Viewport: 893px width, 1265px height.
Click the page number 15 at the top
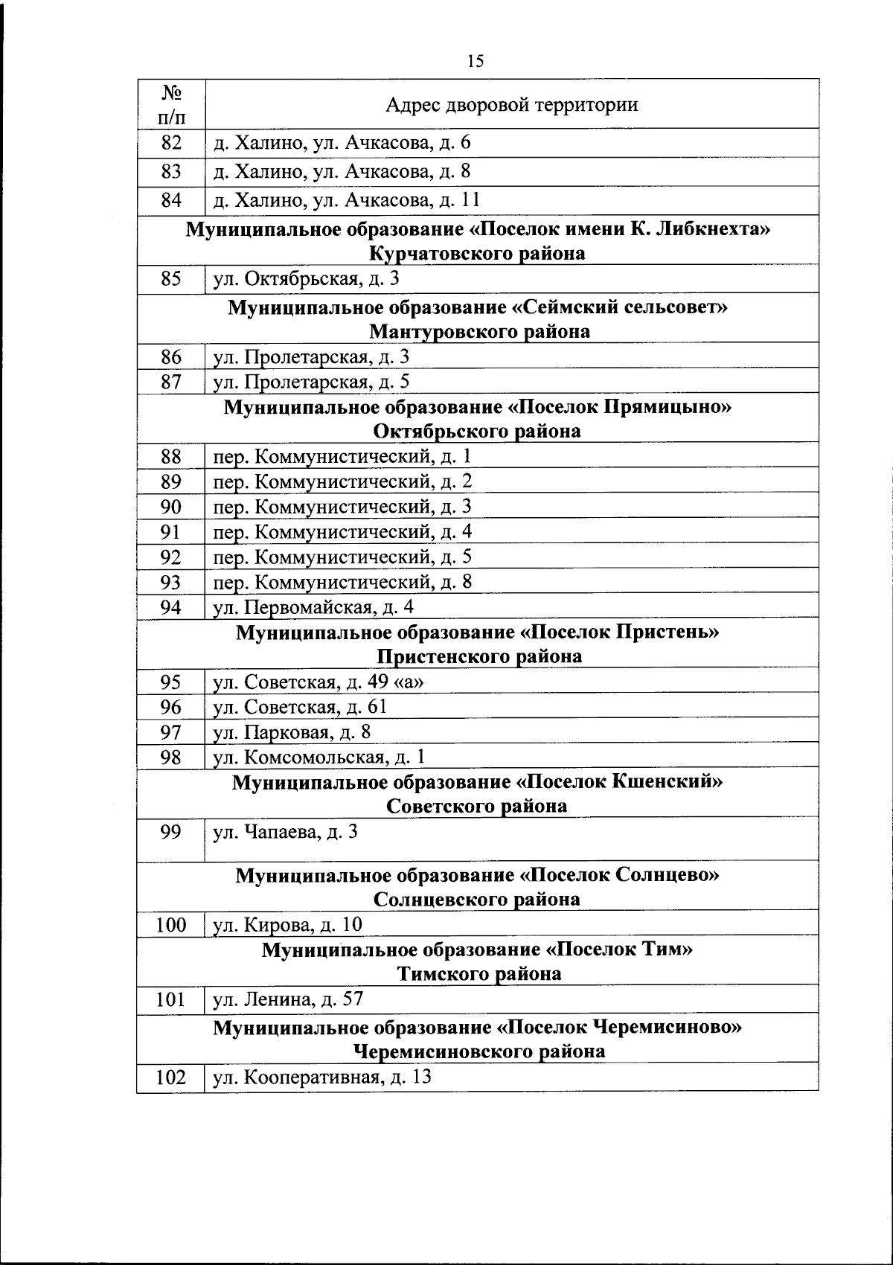[x=476, y=61]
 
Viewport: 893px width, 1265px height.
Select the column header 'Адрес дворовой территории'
[x=511, y=104]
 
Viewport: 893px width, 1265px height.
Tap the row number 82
[x=171, y=143]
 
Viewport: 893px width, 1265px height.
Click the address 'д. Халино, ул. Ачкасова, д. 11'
[x=347, y=200]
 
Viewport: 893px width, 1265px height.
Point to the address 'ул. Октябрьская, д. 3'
[x=307, y=279]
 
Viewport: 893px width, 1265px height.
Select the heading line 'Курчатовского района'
[x=477, y=254]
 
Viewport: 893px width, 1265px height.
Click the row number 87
[x=171, y=382]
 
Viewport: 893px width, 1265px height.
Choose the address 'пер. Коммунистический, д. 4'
[x=342, y=532]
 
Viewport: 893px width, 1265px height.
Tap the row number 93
[x=171, y=582]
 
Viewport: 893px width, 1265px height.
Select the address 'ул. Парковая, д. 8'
[x=292, y=732]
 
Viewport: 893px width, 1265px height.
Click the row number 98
[x=171, y=758]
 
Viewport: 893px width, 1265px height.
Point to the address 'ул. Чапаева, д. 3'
[x=286, y=832]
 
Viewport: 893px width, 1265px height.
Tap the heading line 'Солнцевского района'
[x=477, y=899]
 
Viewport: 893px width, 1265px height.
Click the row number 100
[x=171, y=925]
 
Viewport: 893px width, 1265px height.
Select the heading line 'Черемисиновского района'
[x=478, y=1051]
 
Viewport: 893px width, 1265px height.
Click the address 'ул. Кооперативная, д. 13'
[x=322, y=1077]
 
